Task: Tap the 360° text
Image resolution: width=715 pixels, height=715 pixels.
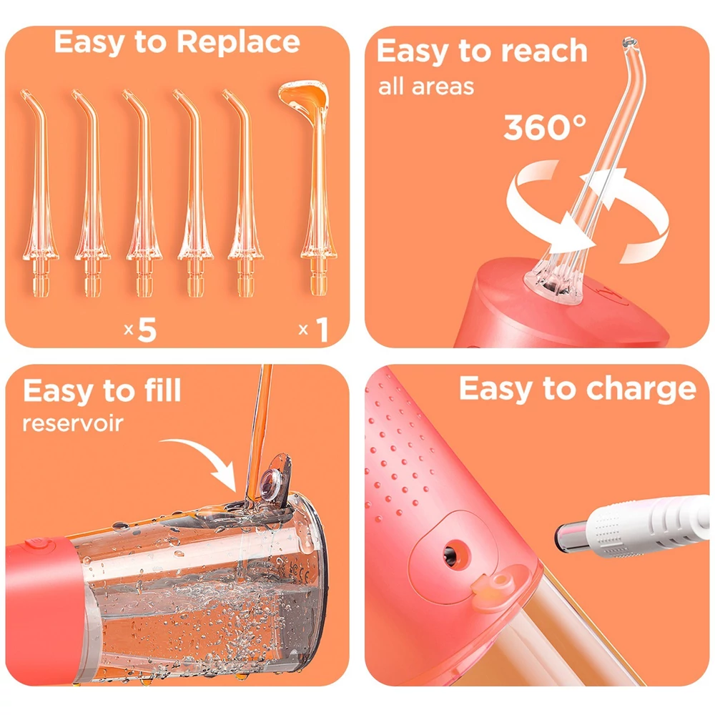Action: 544,127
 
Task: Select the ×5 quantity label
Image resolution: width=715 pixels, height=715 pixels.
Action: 140,329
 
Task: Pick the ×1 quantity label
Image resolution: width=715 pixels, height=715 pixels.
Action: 313,329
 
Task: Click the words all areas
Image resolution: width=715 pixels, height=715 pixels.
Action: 426,87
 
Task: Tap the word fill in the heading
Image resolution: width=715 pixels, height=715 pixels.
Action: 162,391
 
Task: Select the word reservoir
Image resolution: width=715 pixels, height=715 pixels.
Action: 73,423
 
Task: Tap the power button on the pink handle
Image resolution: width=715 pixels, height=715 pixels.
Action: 36,543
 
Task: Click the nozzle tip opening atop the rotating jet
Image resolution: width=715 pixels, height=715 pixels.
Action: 630,43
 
